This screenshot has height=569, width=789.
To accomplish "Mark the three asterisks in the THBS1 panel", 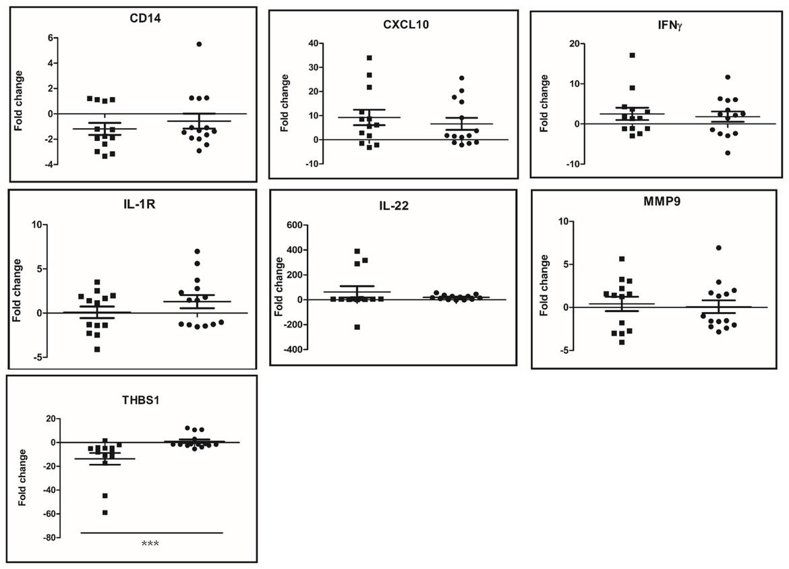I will pyautogui.click(x=150, y=544).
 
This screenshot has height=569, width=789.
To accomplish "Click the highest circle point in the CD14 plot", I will pyautogui.click(x=199, y=44).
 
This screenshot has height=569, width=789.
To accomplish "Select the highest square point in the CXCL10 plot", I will pyautogui.click(x=370, y=58).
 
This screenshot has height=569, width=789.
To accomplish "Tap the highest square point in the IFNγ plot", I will pyautogui.click(x=633, y=55).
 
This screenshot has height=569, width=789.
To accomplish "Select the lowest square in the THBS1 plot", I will pyautogui.click(x=105, y=512).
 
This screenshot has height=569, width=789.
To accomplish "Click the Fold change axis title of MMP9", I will pyautogui.click(x=545, y=284).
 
